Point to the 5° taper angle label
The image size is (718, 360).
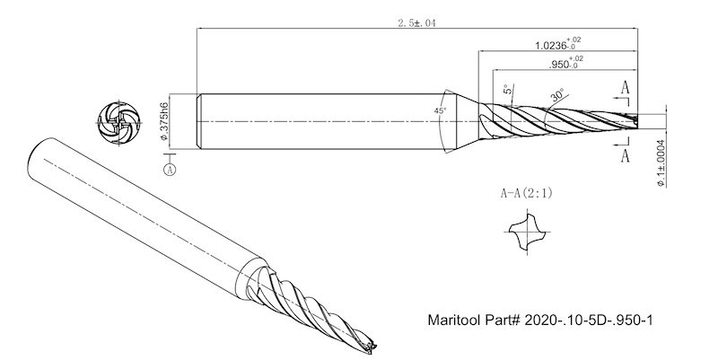click(507, 91)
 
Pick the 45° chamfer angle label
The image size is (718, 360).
click(440, 110)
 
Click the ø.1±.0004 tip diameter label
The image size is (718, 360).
click(661, 161)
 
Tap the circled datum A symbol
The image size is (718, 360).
click(170, 168)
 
